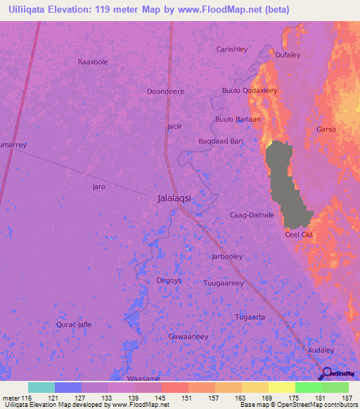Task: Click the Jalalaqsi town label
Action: (173, 199)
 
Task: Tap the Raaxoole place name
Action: (93, 62)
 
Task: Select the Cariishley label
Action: (231, 49)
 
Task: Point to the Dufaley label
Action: (288, 55)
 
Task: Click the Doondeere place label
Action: (165, 91)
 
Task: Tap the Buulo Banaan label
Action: (238, 119)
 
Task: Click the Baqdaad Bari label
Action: (221, 141)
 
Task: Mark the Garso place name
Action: (326, 130)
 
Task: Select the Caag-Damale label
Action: (252, 215)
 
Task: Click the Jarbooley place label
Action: (226, 257)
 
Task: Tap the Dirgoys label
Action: (169, 280)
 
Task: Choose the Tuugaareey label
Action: (223, 283)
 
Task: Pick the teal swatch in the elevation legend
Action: (41, 387)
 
